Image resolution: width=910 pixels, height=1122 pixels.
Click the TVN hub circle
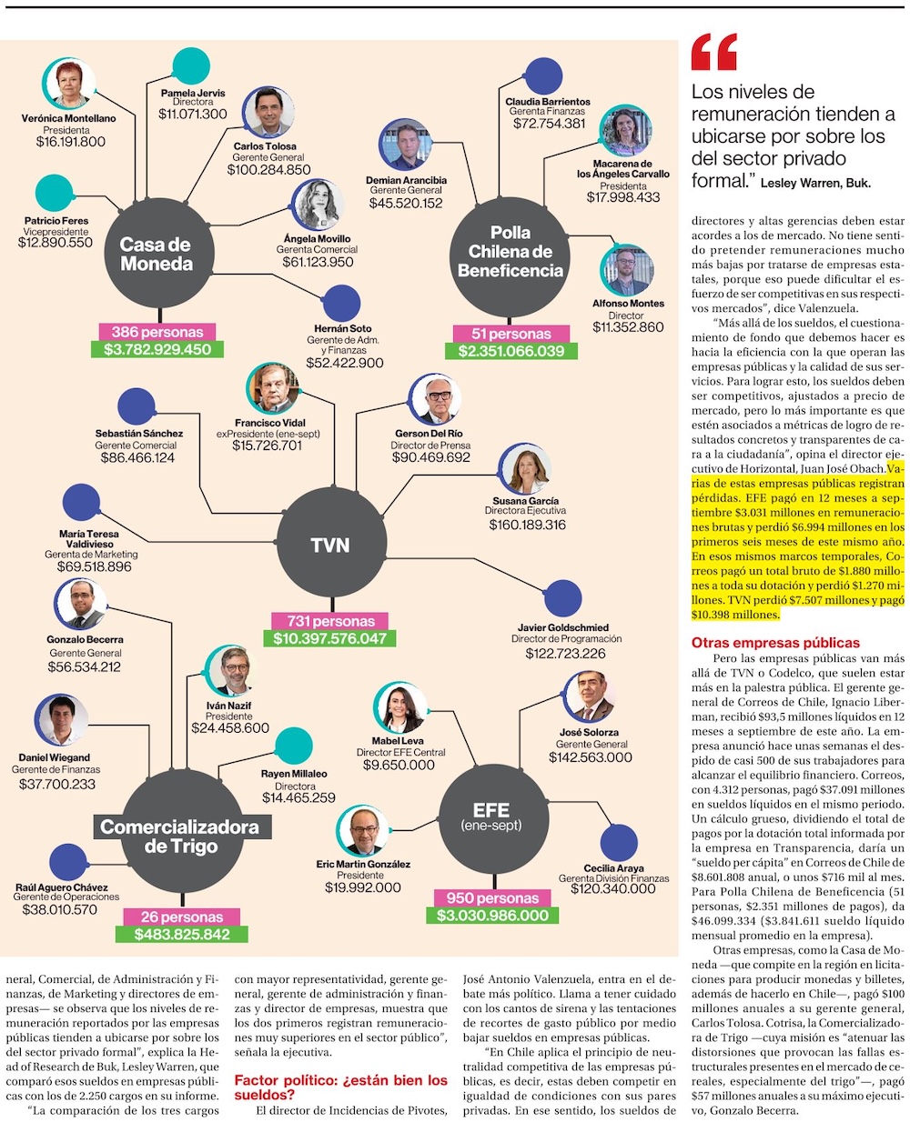pyautogui.click(x=329, y=544)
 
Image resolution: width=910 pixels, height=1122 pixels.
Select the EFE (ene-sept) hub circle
pyautogui.click(x=491, y=814)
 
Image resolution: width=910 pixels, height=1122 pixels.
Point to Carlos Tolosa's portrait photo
pyautogui.click(x=268, y=113)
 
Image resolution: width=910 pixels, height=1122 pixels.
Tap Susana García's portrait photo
pyautogui.click(x=525, y=469)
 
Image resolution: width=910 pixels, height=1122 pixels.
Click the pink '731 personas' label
pyautogui.click(x=329, y=621)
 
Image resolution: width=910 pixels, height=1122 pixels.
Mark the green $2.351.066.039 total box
pyautogui.click(x=511, y=351)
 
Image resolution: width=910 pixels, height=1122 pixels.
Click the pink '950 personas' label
pyautogui.click(x=492, y=897)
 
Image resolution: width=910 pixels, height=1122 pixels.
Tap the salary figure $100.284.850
pyautogui.click(x=268, y=169)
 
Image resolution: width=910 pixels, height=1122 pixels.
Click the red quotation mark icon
pyautogui.click(x=713, y=53)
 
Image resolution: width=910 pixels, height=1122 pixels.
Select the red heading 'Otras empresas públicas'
pyautogui.click(x=775, y=643)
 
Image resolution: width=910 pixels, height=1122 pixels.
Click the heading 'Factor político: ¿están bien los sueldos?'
pyautogui.click(x=341, y=1087)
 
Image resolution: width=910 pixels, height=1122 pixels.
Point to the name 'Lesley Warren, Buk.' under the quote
pyautogui.click(x=815, y=183)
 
